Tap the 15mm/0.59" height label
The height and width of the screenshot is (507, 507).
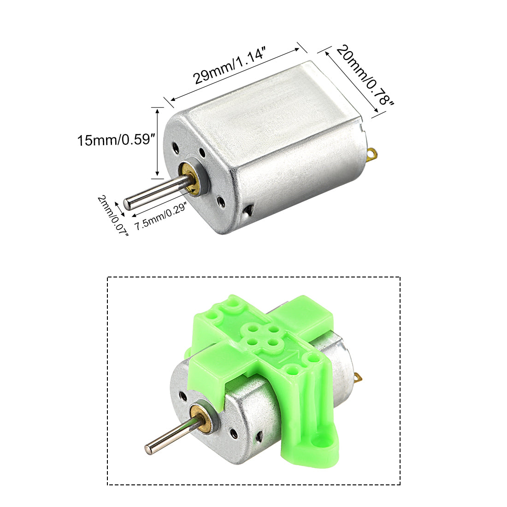(114, 140)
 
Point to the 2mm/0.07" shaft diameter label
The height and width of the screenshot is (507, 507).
(112, 215)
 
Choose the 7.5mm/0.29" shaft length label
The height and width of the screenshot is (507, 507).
(160, 218)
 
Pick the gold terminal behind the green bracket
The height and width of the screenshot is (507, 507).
(360, 378)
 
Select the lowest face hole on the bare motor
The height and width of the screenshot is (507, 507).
(221, 201)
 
